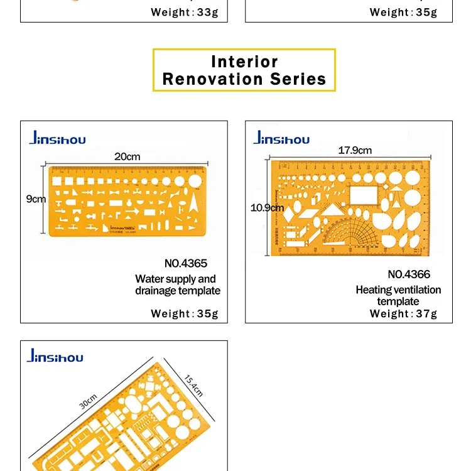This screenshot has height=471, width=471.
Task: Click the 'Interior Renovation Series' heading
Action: click(244, 70)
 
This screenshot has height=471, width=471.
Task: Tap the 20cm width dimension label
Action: click(127, 156)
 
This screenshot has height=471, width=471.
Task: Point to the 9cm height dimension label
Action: click(36, 199)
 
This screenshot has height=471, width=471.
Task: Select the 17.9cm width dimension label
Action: click(355, 150)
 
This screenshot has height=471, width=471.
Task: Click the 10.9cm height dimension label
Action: click(268, 207)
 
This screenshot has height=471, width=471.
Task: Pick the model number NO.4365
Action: click(185, 263)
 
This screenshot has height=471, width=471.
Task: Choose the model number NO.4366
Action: click(409, 274)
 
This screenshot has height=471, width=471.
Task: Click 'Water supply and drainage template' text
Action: click(178, 284)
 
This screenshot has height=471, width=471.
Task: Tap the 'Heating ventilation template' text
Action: click(398, 295)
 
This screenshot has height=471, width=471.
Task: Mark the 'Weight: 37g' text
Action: click(403, 313)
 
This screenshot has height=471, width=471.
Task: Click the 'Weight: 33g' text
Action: click(185, 12)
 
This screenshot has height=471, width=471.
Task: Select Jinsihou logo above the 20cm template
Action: click(57, 139)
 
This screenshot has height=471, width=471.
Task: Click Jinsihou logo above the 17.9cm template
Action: click(281, 138)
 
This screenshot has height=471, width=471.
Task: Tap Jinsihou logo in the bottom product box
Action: click(55, 357)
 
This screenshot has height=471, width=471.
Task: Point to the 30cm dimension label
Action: click(88, 401)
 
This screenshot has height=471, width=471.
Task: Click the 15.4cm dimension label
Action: click(194, 385)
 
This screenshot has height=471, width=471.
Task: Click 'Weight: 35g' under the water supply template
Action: click(185, 313)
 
